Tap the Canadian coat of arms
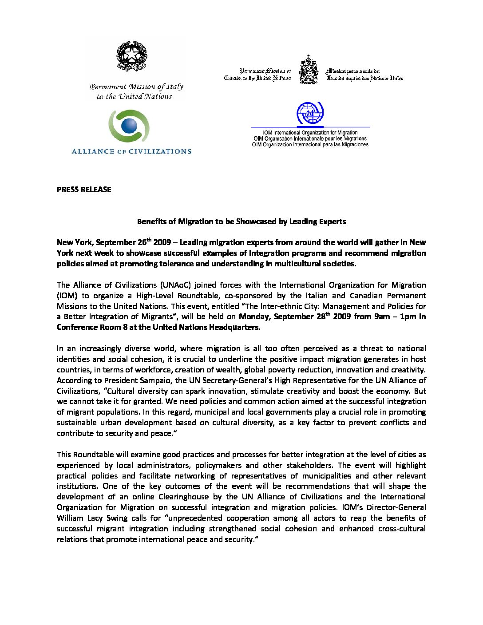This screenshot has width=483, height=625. [x=309, y=70]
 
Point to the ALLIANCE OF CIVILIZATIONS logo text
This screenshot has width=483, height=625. [x=131, y=151]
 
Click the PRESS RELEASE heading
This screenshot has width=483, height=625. [x=84, y=190]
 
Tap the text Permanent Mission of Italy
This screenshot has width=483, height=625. [x=136, y=87]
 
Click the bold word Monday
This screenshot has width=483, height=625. [x=253, y=317]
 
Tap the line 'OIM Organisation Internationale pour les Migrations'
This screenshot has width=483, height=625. [x=310, y=138]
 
